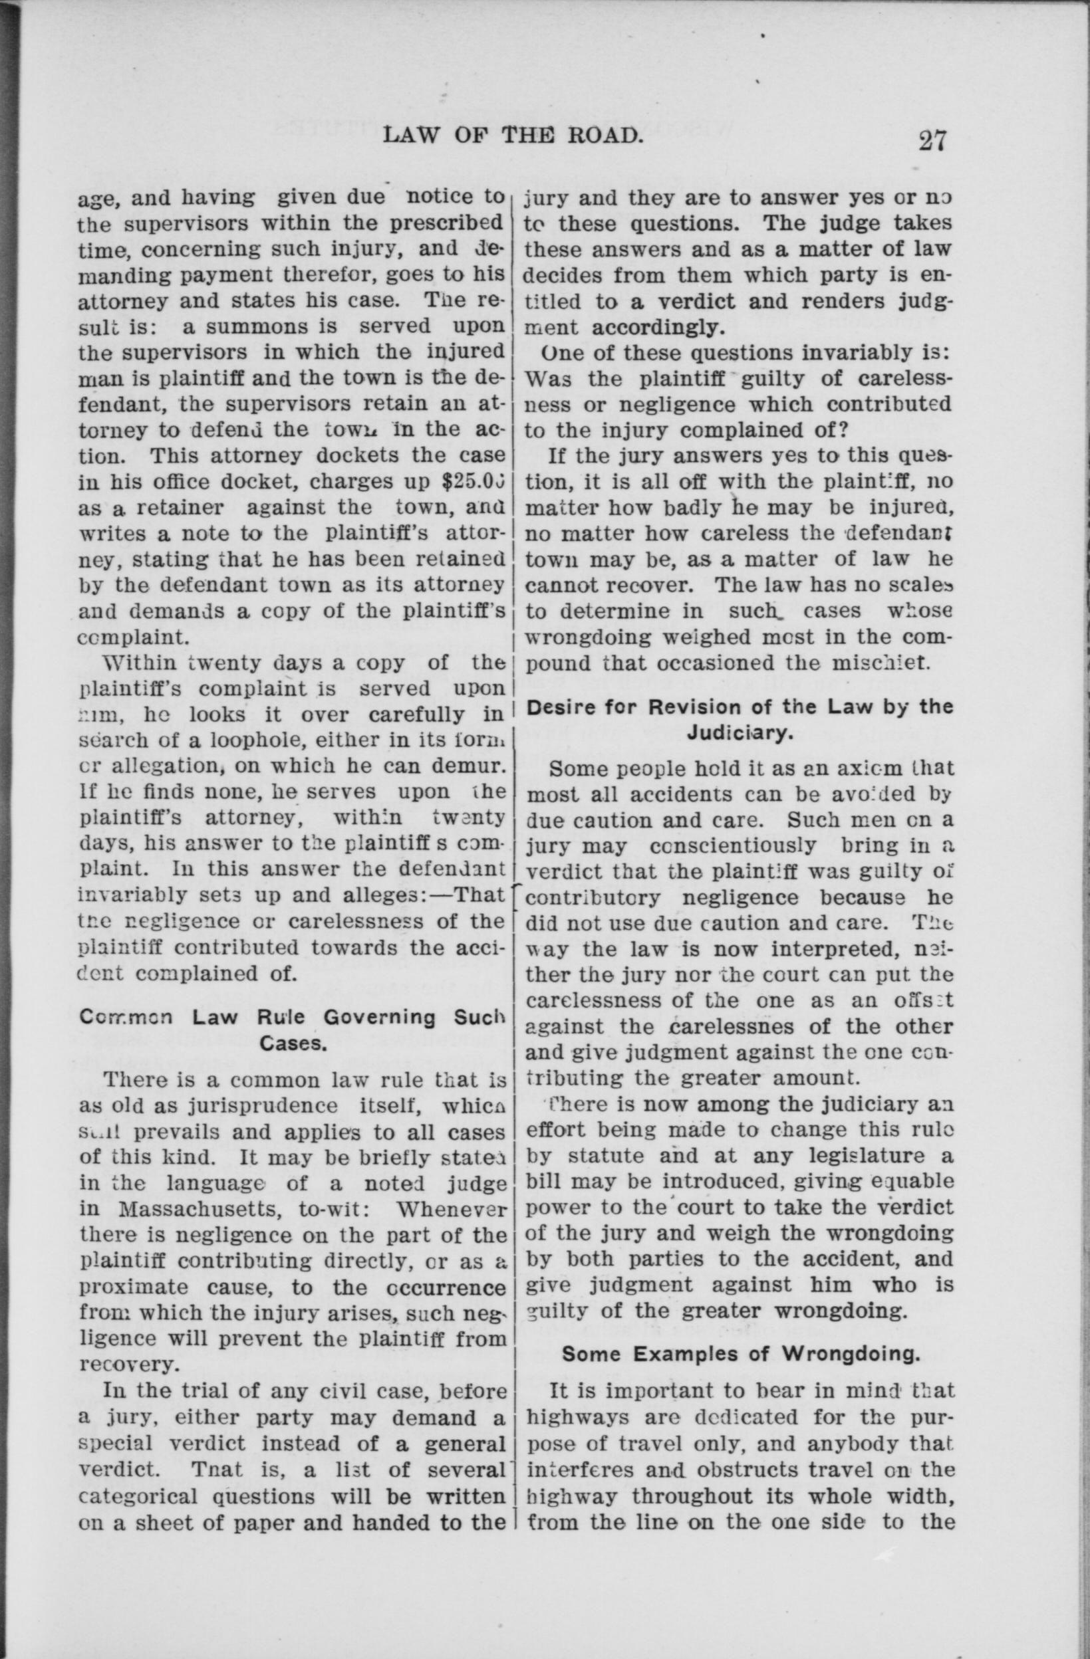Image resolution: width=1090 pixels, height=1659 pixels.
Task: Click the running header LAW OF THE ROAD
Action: pyautogui.click(x=512, y=137)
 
